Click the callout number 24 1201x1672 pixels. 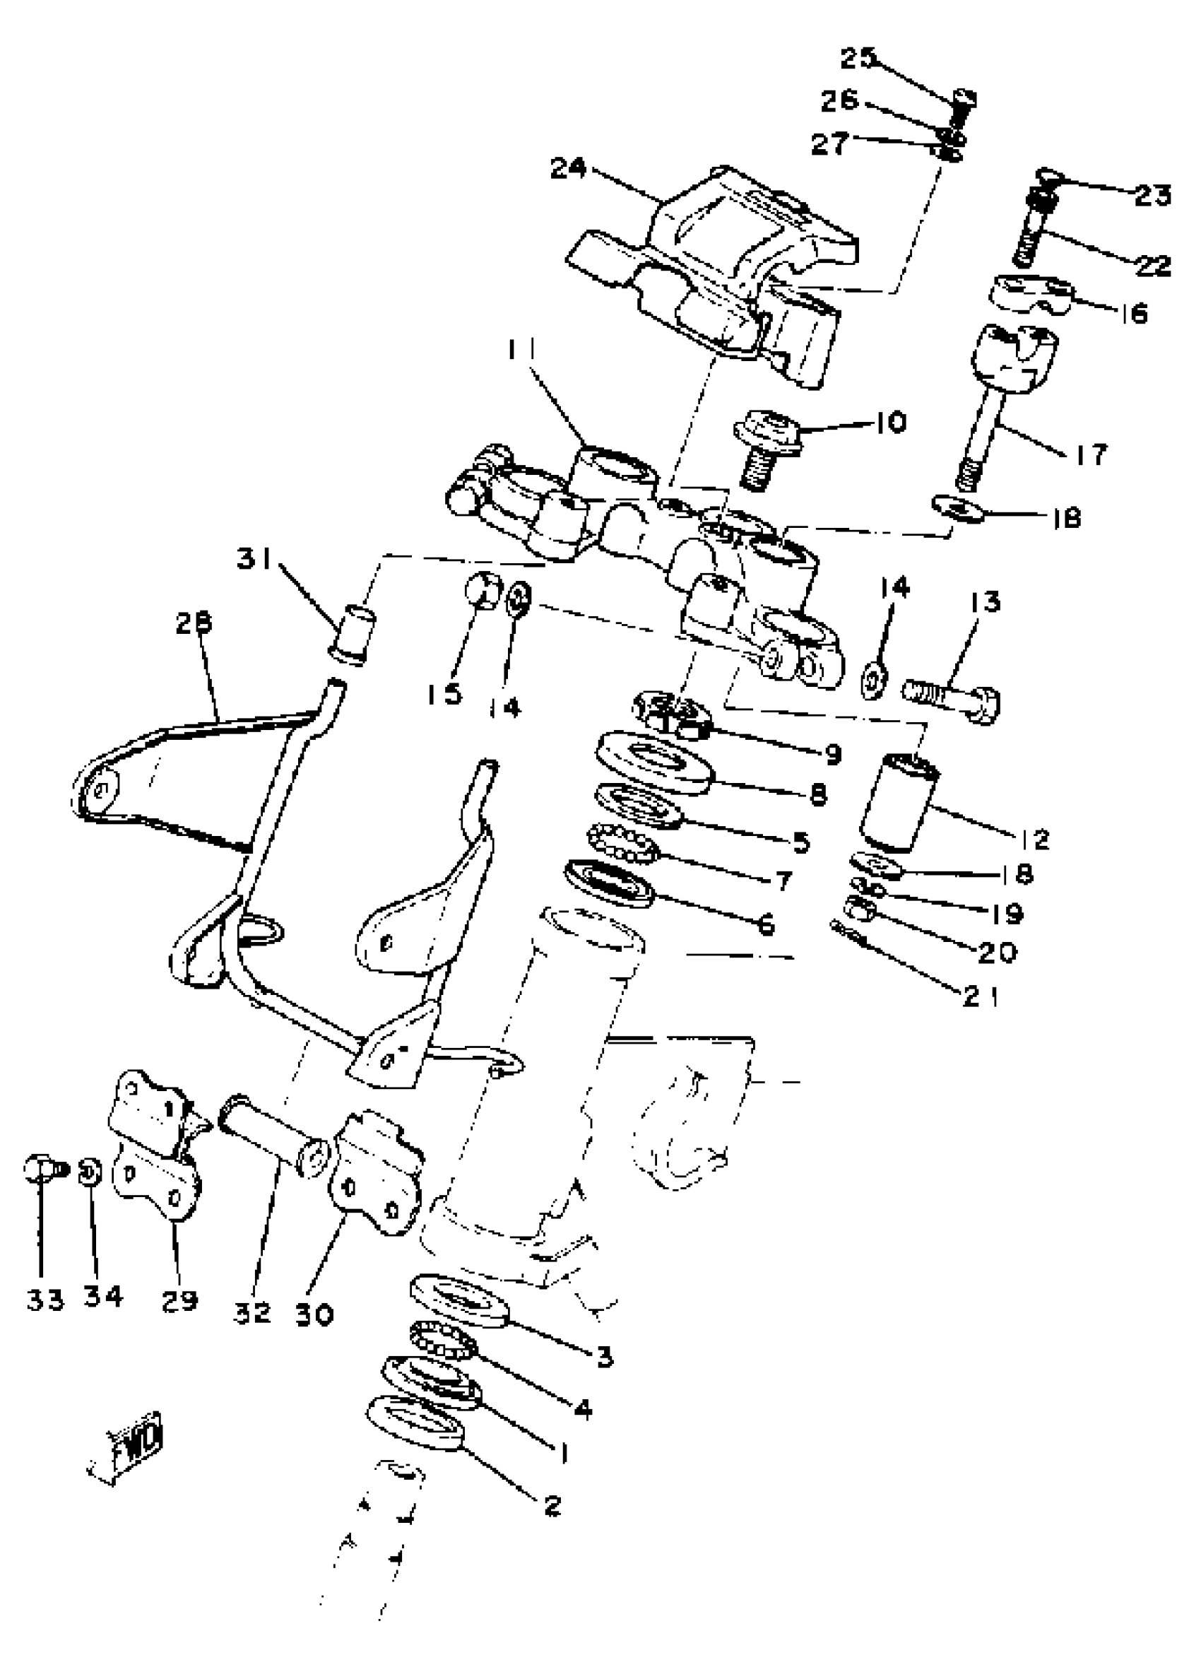click(568, 169)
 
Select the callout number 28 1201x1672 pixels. click(194, 623)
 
